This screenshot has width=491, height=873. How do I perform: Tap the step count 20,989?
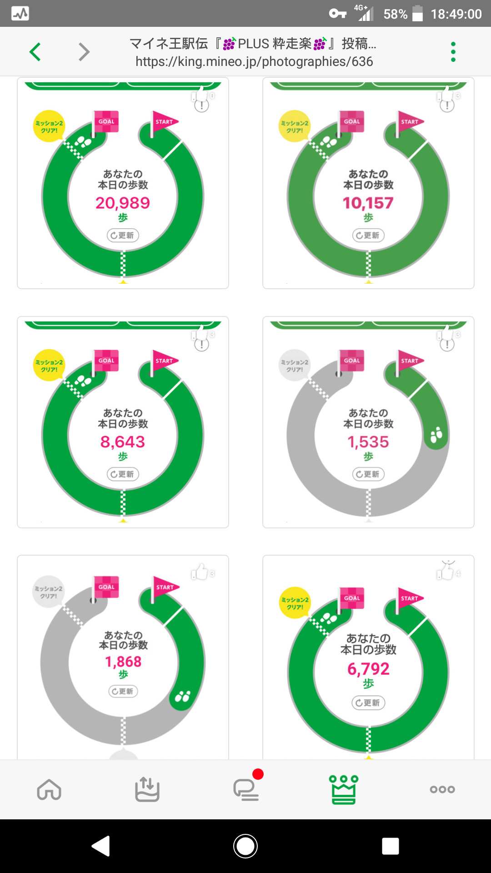tap(123, 203)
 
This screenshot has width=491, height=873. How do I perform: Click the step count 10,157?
tap(368, 203)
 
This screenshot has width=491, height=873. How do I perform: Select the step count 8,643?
tap(123, 442)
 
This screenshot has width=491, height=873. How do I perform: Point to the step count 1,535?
tap(368, 442)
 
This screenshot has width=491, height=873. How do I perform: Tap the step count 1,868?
tap(123, 662)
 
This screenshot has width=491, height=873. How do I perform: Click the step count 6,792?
tap(368, 669)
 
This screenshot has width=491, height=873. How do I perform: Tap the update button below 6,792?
tap(368, 702)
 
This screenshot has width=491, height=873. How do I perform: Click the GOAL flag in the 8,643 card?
tap(106, 361)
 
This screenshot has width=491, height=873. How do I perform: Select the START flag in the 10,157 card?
tap(409, 122)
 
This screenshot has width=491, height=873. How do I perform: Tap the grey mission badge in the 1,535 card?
tap(294, 366)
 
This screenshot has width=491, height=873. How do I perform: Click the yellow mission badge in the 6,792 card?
tap(295, 603)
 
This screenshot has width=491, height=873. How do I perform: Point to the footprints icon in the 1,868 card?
tap(183, 696)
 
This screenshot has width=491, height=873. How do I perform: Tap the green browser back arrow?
tap(35, 52)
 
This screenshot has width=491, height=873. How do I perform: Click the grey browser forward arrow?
tap(84, 52)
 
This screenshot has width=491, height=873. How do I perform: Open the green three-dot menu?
tap(453, 52)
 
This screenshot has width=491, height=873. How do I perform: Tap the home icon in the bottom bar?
tap(49, 789)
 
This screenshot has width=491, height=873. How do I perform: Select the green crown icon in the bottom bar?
tap(344, 789)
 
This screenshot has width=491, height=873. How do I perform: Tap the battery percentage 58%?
tap(395, 15)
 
